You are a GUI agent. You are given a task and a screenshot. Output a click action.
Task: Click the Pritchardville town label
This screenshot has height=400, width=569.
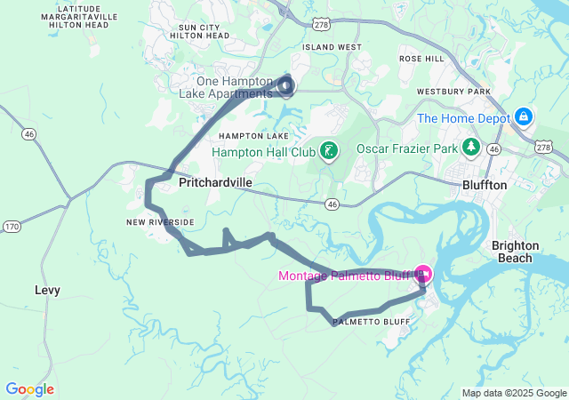(215, 182)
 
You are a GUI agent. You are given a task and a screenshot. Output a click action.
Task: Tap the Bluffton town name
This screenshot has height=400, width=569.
(484, 185)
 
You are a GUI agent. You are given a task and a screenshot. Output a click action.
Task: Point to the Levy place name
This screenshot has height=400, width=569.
(47, 290)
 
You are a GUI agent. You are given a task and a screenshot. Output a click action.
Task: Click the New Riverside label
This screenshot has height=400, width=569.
(159, 222)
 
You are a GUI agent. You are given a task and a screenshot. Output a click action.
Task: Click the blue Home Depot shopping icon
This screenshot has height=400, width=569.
(525, 117)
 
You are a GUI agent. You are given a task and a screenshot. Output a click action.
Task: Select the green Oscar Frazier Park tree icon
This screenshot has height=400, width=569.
(469, 148)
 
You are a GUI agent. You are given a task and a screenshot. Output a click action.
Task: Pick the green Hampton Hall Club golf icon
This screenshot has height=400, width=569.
(329, 151)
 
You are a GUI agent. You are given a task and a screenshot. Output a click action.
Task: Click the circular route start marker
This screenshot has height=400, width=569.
(285, 85)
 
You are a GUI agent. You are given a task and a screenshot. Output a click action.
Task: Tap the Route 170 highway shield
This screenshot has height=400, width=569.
(12, 228)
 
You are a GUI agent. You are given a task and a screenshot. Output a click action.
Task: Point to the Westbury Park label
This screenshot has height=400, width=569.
(479, 92)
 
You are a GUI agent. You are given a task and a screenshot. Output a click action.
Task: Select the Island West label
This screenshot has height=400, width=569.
(332, 47)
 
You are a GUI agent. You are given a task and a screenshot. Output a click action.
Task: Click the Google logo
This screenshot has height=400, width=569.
(29, 389)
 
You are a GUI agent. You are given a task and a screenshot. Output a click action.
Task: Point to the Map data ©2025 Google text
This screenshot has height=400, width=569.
(514, 393)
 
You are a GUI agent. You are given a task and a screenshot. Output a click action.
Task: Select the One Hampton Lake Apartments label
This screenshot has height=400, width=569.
(234, 87)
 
